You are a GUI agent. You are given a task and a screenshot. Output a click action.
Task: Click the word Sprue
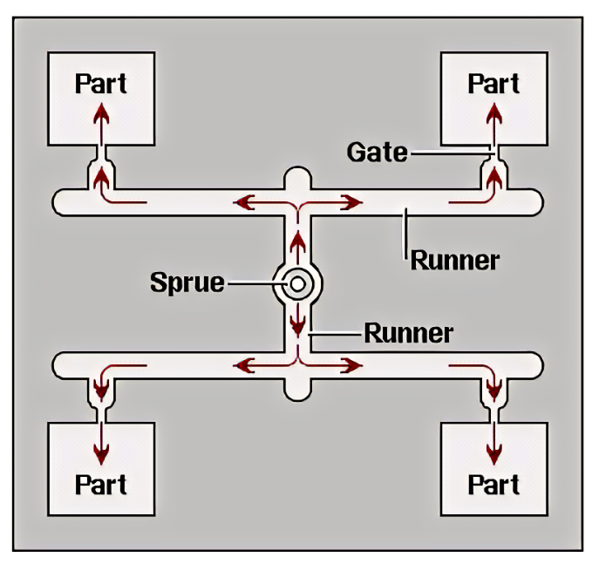coord(187,282)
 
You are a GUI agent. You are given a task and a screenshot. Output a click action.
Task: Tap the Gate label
coord(377,152)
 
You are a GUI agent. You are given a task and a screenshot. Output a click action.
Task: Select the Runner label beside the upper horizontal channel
coord(454,260)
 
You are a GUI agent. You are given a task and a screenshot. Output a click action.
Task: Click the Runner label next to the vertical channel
coord(408,332)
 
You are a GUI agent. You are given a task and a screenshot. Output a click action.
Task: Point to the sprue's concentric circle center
coord(297,283)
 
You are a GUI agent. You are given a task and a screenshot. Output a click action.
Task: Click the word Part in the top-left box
coord(101,83)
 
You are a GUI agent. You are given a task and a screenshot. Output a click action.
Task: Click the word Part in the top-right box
coord(494,83)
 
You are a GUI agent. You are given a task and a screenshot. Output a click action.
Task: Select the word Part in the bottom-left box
coord(101,483)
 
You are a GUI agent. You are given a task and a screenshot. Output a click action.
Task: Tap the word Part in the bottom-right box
coord(494,483)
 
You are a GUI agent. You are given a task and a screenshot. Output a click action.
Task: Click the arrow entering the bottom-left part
coord(102,444)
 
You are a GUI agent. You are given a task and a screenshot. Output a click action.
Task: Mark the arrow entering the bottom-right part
coord(494,444)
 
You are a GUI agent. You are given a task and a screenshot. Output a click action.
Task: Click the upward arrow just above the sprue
coord(297,244)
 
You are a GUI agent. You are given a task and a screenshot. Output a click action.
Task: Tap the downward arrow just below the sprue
coord(297,323)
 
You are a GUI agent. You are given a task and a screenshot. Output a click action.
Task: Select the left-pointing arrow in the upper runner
coord(248,203)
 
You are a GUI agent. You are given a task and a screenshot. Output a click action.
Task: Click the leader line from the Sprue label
coord(252,283)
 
